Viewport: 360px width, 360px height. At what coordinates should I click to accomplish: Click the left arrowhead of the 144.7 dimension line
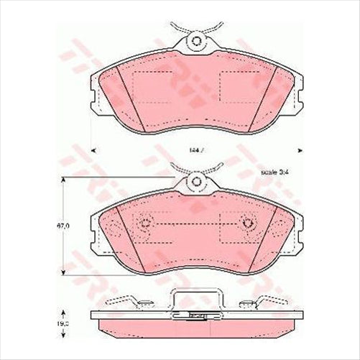pos(94,150)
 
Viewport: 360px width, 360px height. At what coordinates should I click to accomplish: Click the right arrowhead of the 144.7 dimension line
pos(297,150)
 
